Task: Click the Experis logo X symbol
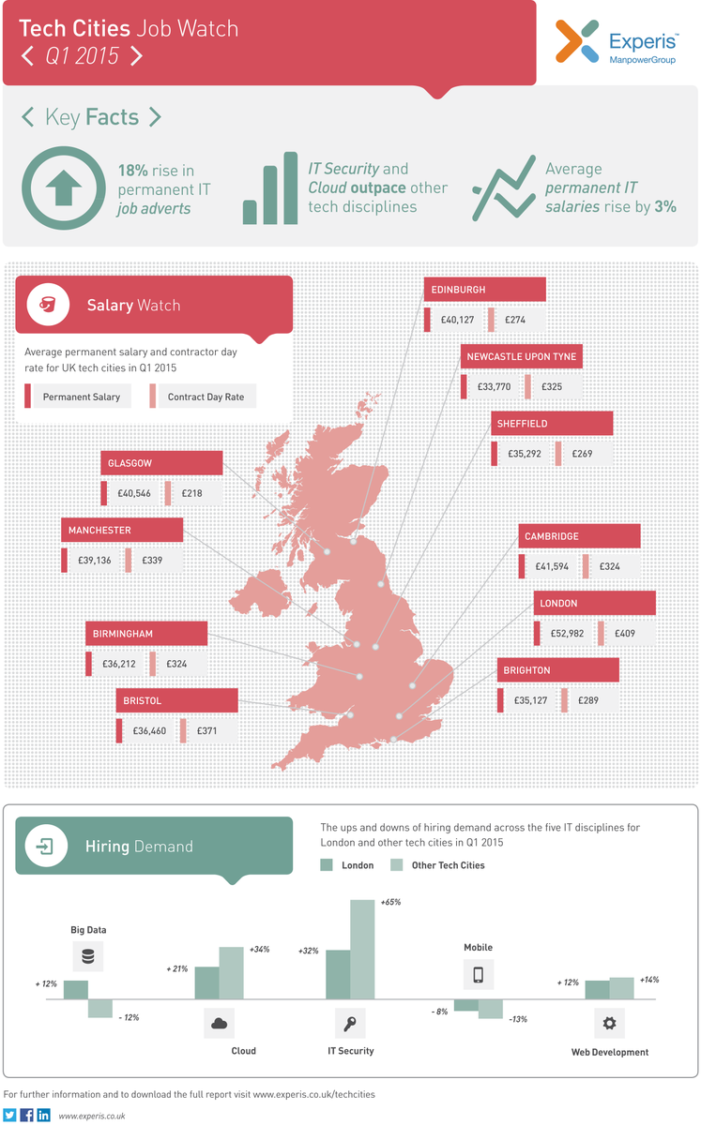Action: tap(577, 41)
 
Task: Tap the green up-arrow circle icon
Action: tap(63, 187)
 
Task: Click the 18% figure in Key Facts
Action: tap(133, 171)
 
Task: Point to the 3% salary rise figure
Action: tap(666, 206)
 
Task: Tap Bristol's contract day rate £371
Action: tap(202, 730)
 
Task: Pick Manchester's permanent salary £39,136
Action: tap(95, 561)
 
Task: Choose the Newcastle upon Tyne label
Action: tap(522, 357)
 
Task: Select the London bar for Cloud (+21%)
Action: tap(206, 982)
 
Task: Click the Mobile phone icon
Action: tap(478, 975)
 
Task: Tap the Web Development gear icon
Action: tap(609, 1023)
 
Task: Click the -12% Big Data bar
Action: tap(100, 1009)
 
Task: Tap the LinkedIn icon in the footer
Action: tap(44, 1116)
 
